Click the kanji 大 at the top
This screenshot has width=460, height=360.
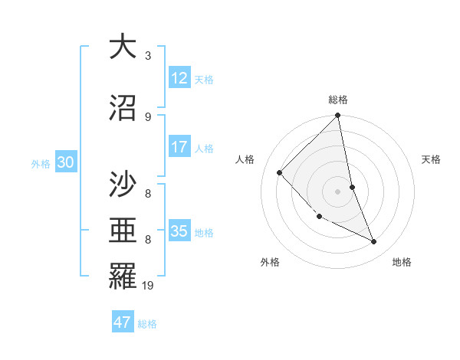(123, 47)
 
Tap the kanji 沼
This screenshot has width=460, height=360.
(123, 108)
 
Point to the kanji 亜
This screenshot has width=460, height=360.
(123, 231)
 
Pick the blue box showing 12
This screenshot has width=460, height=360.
(179, 78)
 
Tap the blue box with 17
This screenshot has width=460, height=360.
(179, 147)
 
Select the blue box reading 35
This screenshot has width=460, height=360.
(179, 231)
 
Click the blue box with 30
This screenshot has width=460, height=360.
(65, 162)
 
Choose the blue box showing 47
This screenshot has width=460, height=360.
(123, 322)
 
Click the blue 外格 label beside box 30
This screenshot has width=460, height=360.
(41, 163)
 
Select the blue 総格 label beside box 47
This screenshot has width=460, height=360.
(147, 323)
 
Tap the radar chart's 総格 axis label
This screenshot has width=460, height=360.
(338, 100)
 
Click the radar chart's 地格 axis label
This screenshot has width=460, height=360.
(402, 262)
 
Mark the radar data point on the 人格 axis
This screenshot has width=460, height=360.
(280, 172)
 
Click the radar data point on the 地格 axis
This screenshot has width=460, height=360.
(374, 242)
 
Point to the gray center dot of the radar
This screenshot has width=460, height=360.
(338, 191)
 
